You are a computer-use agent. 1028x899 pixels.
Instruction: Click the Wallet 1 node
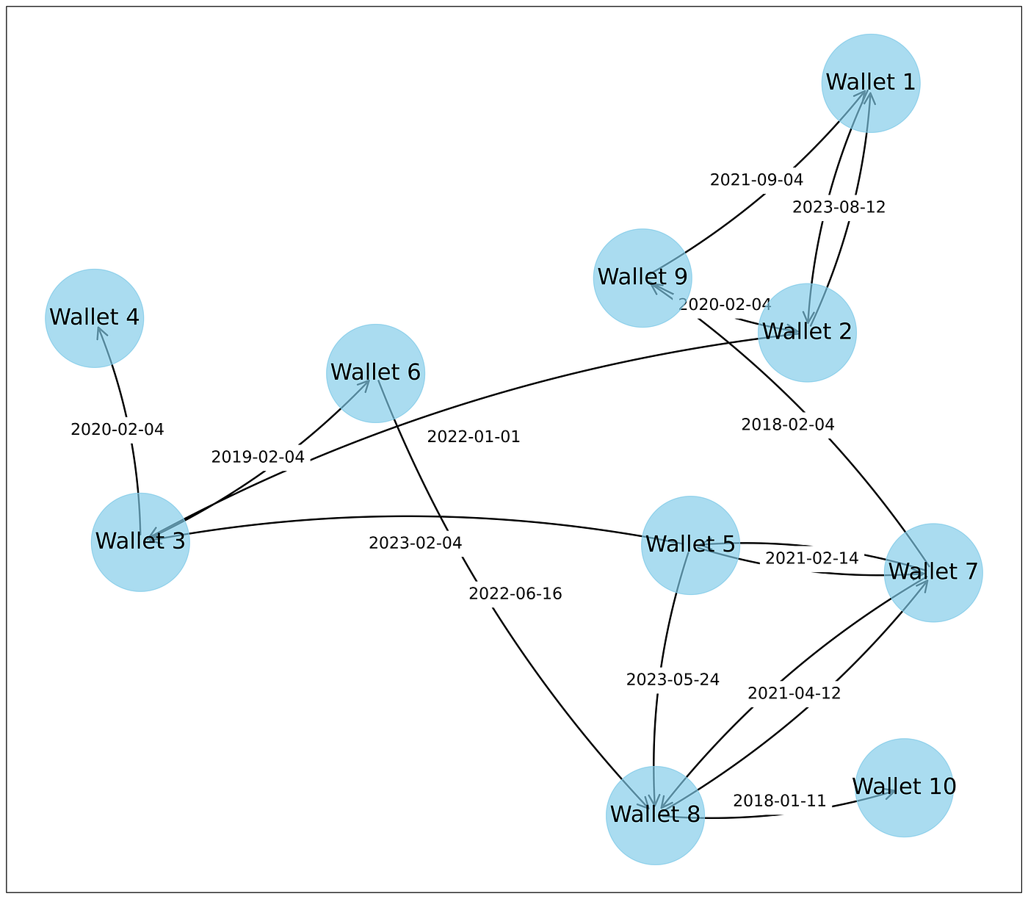pyautogui.click(x=870, y=83)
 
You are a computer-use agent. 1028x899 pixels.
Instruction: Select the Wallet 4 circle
pyautogui.click(x=94, y=318)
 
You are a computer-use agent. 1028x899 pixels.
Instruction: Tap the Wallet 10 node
pyautogui.click(x=904, y=787)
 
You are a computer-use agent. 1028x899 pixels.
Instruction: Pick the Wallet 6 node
pyautogui.click(x=375, y=373)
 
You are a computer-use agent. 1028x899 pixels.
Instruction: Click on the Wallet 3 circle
pyautogui.click(x=140, y=542)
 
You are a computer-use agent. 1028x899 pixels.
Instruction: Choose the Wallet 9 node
pyautogui.click(x=642, y=278)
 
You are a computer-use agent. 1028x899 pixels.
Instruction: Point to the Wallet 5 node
pyautogui.click(x=690, y=545)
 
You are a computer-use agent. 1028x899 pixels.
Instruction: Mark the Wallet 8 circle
pyautogui.click(x=655, y=815)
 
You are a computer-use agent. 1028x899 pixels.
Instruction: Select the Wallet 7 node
pyautogui.click(x=933, y=572)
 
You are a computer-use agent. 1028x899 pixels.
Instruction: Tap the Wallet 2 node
pyautogui.click(x=807, y=333)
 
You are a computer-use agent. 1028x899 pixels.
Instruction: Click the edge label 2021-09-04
pyautogui.click(x=756, y=180)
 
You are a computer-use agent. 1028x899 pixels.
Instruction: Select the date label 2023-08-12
pyautogui.click(x=839, y=207)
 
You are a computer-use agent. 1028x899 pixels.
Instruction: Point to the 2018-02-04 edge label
pyautogui.click(x=787, y=424)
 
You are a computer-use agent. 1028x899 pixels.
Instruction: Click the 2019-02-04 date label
pyautogui.click(x=257, y=457)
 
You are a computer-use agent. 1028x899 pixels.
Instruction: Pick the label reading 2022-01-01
pyautogui.click(x=473, y=437)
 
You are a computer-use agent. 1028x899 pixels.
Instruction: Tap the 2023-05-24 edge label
pyautogui.click(x=672, y=679)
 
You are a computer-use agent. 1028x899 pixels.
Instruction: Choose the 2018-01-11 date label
pyautogui.click(x=779, y=801)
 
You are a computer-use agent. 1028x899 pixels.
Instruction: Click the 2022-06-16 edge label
pyautogui.click(x=515, y=594)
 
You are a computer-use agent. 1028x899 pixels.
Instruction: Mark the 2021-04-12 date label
pyautogui.click(x=794, y=693)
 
